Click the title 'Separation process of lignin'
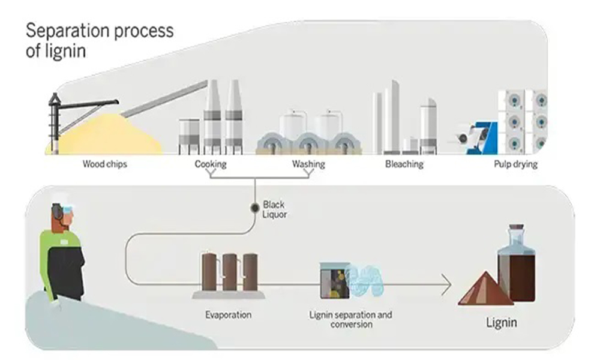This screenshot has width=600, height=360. coord(99,40)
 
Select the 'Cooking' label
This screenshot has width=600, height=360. coord(210,164)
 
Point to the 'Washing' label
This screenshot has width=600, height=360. coord(308,164)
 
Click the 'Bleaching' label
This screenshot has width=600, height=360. coord(404,164)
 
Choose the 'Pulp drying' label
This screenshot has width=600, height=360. coord(515,164)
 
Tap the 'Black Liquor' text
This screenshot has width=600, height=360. coord(274,209)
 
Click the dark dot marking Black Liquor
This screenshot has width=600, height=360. coord(254,208)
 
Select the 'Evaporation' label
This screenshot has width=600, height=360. coord(228,314)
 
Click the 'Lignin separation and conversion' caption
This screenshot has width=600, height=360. coord(351,319)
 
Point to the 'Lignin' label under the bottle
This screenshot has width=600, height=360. coord(501,323)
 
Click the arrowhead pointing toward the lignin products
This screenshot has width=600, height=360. coord(447,284)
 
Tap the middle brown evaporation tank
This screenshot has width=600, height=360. coord(229,273)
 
